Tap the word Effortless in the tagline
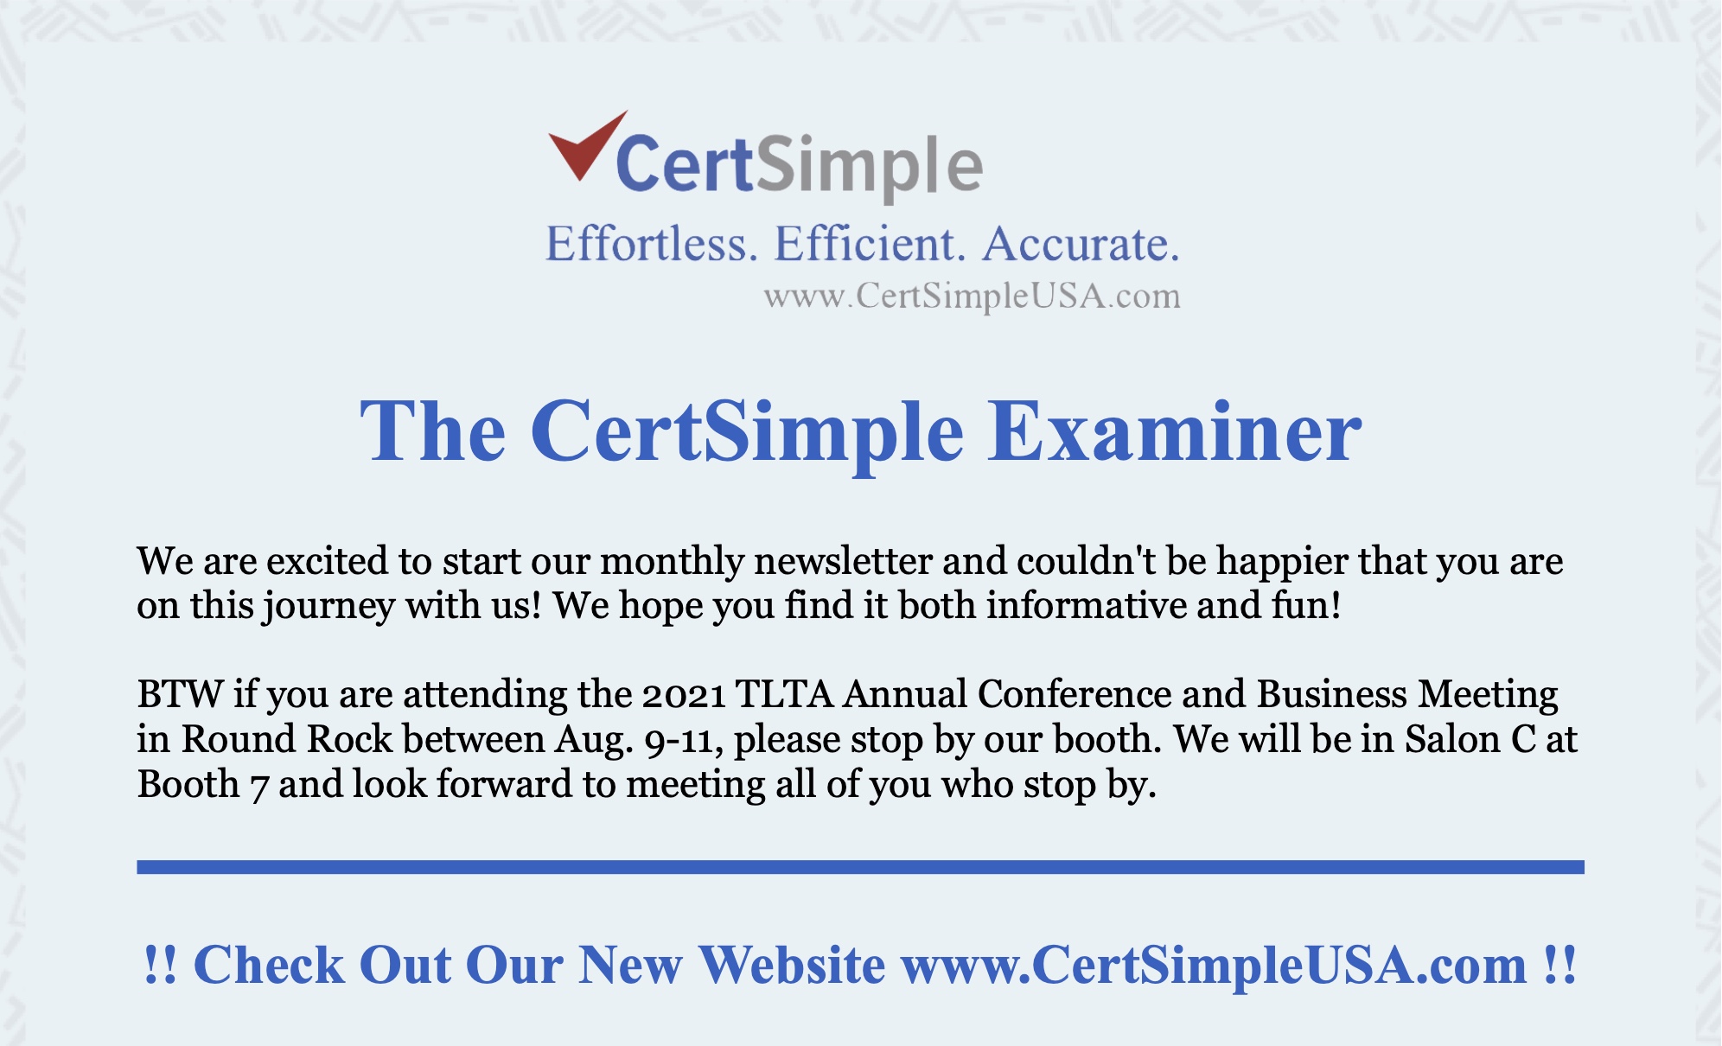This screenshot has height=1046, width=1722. click(x=651, y=245)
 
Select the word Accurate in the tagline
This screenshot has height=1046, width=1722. click(x=1081, y=245)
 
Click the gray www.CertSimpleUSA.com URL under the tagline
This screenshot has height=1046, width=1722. click(x=972, y=297)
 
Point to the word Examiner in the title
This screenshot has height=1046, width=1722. click(x=1174, y=431)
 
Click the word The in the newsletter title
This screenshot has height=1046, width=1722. click(x=432, y=431)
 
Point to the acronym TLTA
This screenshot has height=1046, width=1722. click(x=784, y=695)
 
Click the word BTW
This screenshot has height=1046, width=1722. click(x=180, y=695)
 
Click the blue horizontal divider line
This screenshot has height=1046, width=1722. click(x=860, y=867)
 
